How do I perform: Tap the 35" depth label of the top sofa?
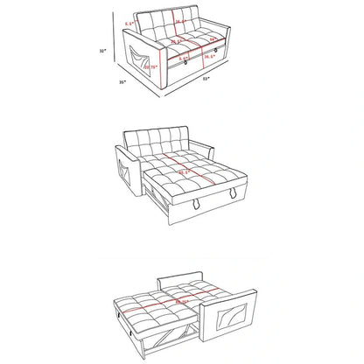pos(122,84)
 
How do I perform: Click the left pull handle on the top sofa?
pos(185,64)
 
